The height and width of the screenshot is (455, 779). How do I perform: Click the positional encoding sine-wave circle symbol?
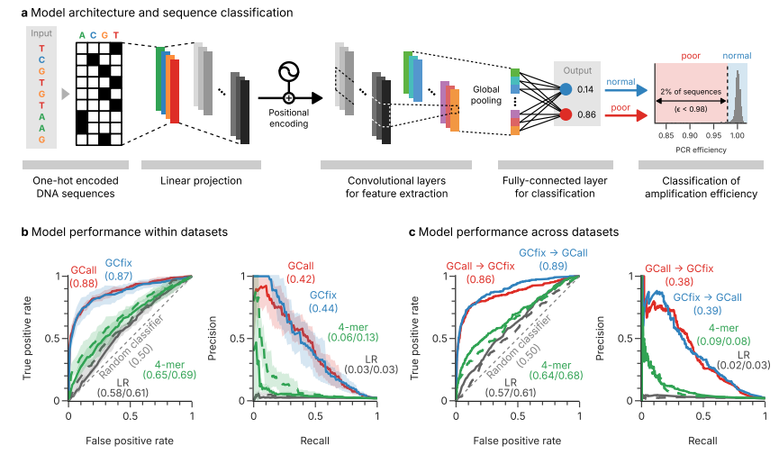click(x=289, y=72)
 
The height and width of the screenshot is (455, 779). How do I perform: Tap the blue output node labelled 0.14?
click(x=566, y=89)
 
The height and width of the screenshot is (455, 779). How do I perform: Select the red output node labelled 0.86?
click(x=566, y=114)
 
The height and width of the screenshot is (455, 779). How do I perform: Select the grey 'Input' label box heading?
click(x=41, y=34)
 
